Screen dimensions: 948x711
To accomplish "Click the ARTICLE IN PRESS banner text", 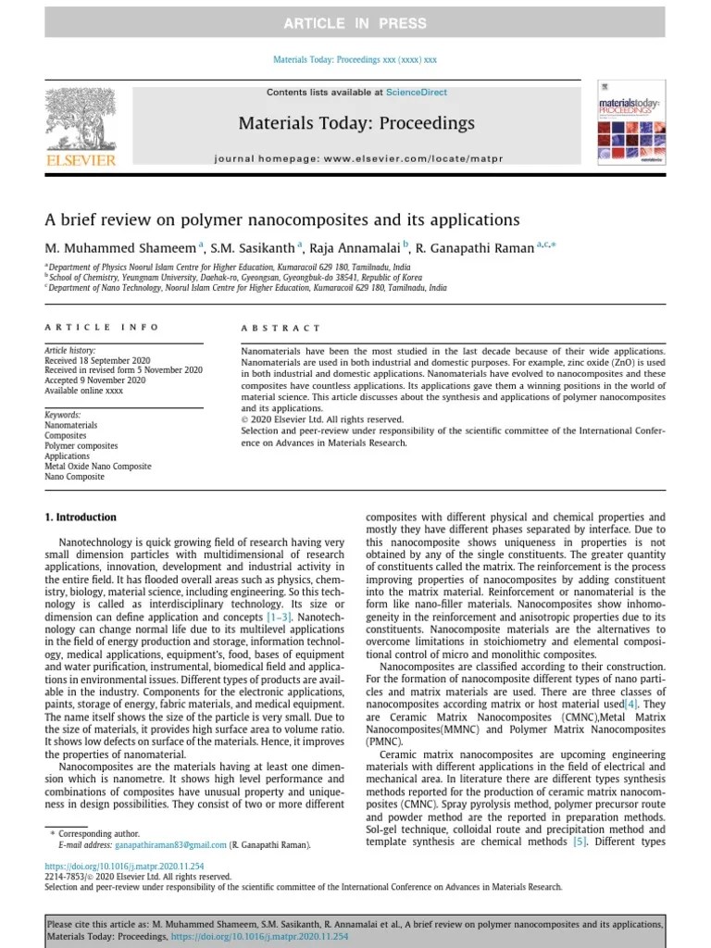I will [355, 23].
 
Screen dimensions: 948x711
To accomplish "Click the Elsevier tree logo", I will [81, 120].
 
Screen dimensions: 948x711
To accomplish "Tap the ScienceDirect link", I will [417, 93].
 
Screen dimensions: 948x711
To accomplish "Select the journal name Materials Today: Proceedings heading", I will [356, 123].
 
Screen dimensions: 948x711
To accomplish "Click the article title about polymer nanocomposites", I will [282, 220].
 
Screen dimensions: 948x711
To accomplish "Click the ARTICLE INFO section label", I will [102, 327].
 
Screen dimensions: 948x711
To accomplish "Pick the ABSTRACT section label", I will [281, 328].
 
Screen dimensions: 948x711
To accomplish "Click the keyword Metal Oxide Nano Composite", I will [98, 467].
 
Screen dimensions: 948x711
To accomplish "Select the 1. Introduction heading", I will [81, 518].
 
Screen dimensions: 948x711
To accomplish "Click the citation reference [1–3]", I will [281, 616].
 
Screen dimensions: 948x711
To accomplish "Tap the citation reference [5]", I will [580, 842].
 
